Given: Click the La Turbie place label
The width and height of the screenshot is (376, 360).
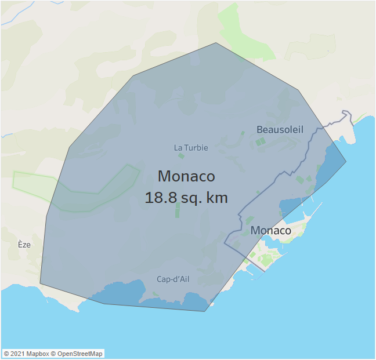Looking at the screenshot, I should (191, 148).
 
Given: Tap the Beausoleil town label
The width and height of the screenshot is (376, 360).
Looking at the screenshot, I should (280, 129).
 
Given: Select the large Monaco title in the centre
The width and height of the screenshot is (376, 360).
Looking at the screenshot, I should (186, 176).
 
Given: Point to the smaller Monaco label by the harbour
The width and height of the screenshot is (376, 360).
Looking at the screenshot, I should (271, 230).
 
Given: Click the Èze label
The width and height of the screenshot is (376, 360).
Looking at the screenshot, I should (24, 245).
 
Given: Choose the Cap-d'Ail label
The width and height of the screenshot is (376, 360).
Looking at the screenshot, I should (173, 279).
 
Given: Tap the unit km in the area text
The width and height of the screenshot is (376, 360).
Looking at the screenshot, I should (216, 197).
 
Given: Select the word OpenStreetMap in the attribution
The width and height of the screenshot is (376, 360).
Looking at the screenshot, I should (79, 354).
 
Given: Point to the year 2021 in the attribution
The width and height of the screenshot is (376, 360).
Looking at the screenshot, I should (17, 354).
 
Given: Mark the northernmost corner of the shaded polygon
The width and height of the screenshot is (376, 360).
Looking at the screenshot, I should (216, 42).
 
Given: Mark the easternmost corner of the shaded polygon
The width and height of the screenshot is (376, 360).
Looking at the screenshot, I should (346, 162).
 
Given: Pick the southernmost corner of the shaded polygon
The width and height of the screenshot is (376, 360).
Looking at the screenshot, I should (205, 311).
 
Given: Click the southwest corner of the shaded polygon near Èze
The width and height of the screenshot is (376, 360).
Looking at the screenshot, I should (40, 283).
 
